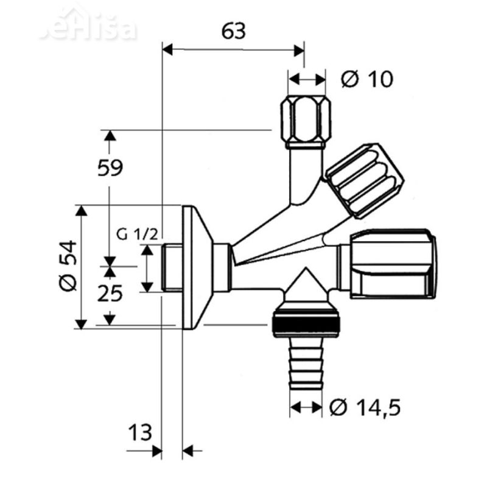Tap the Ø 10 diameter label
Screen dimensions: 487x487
click(366, 79)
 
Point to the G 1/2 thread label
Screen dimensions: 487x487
click(138, 233)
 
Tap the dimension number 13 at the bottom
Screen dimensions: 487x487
click(140, 435)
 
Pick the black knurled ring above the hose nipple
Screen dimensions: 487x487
click(305, 324)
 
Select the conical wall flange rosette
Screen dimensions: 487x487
click(198, 268)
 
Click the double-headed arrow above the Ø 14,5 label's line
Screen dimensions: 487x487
click(305, 405)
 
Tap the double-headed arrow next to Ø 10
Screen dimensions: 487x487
click(307, 79)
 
